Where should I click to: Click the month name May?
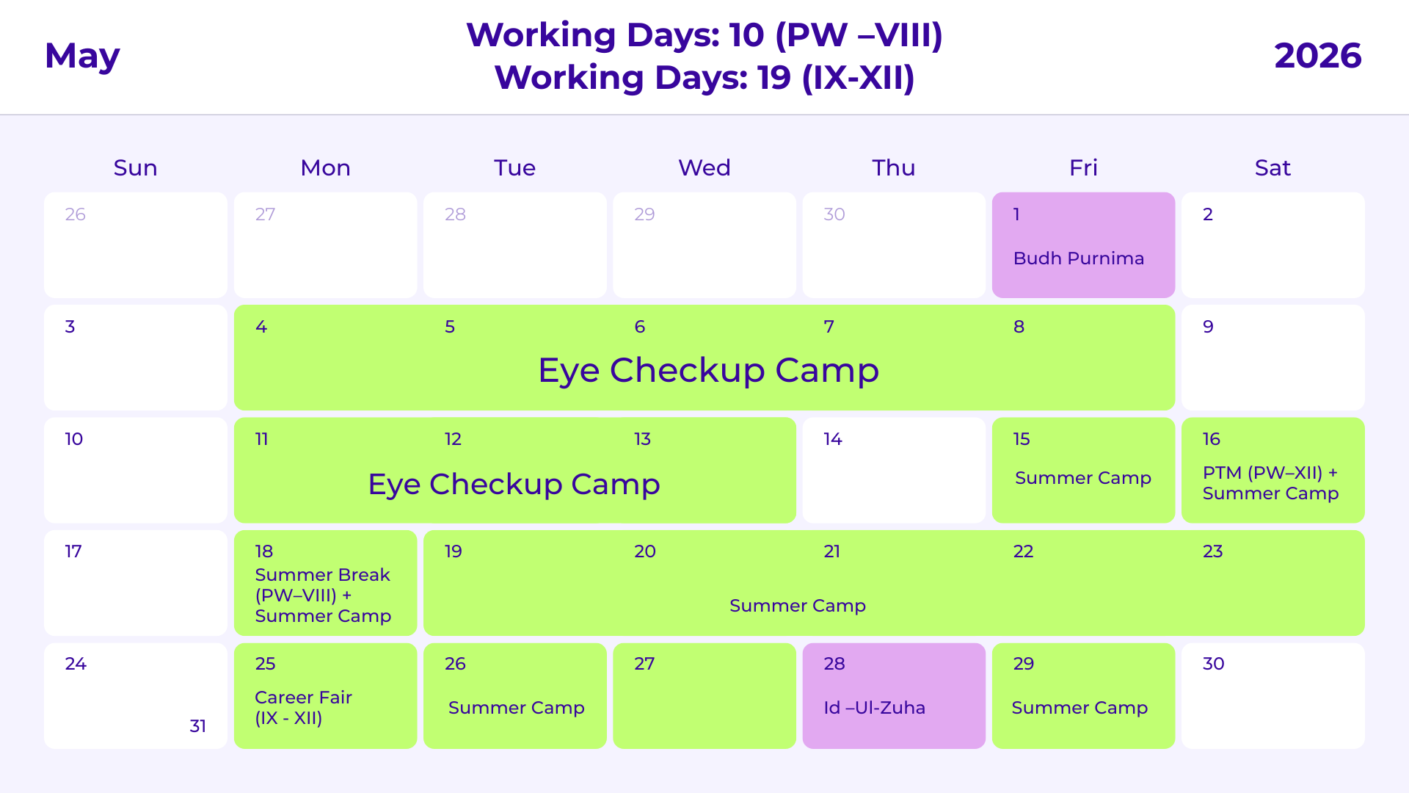(82, 57)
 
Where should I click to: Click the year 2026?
(1317, 57)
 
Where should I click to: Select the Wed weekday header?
(704, 168)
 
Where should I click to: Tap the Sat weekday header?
(1273, 168)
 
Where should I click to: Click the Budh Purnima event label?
(1078, 258)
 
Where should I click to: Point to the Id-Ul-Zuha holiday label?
(874, 708)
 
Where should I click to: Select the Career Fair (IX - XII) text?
(303, 708)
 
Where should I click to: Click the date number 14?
(832, 439)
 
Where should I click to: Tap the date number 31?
(197, 726)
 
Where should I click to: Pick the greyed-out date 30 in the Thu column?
(834, 214)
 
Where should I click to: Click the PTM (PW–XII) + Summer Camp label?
(1270, 483)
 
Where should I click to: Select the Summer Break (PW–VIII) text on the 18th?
(322, 585)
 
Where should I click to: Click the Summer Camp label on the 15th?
(1082, 478)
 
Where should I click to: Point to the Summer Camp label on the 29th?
(1079, 708)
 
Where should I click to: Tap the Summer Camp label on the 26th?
(516, 708)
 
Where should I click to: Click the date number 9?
(1208, 327)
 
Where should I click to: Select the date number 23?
(1212, 551)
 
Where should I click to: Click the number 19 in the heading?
(773, 78)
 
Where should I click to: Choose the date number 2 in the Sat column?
(1207, 214)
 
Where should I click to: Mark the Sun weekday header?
(135, 168)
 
